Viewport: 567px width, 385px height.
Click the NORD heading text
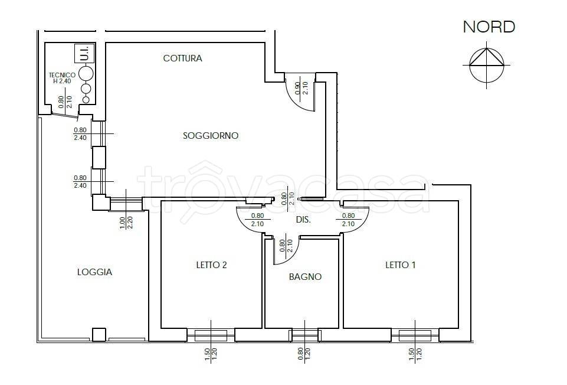489,27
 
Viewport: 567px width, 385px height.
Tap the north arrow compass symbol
487,65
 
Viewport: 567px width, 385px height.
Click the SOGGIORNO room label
211,136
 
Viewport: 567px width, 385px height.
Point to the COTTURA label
183,58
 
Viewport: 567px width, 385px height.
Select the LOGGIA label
95,272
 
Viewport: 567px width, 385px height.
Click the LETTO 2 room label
212,265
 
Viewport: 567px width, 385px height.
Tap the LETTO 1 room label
400,265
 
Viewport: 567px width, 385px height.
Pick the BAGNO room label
305,277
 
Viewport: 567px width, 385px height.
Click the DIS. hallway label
303,220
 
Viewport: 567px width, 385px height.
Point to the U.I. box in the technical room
84,53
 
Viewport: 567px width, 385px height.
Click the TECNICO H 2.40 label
62,78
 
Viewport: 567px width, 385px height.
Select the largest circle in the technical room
86,74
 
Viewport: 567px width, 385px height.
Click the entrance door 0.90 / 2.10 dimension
301,88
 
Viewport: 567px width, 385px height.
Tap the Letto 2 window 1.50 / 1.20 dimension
211,354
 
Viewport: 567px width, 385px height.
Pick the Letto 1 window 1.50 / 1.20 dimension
415,354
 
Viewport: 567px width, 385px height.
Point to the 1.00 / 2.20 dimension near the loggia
126,222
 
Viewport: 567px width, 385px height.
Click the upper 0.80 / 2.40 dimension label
80,134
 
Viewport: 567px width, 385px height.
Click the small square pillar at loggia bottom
99,335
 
